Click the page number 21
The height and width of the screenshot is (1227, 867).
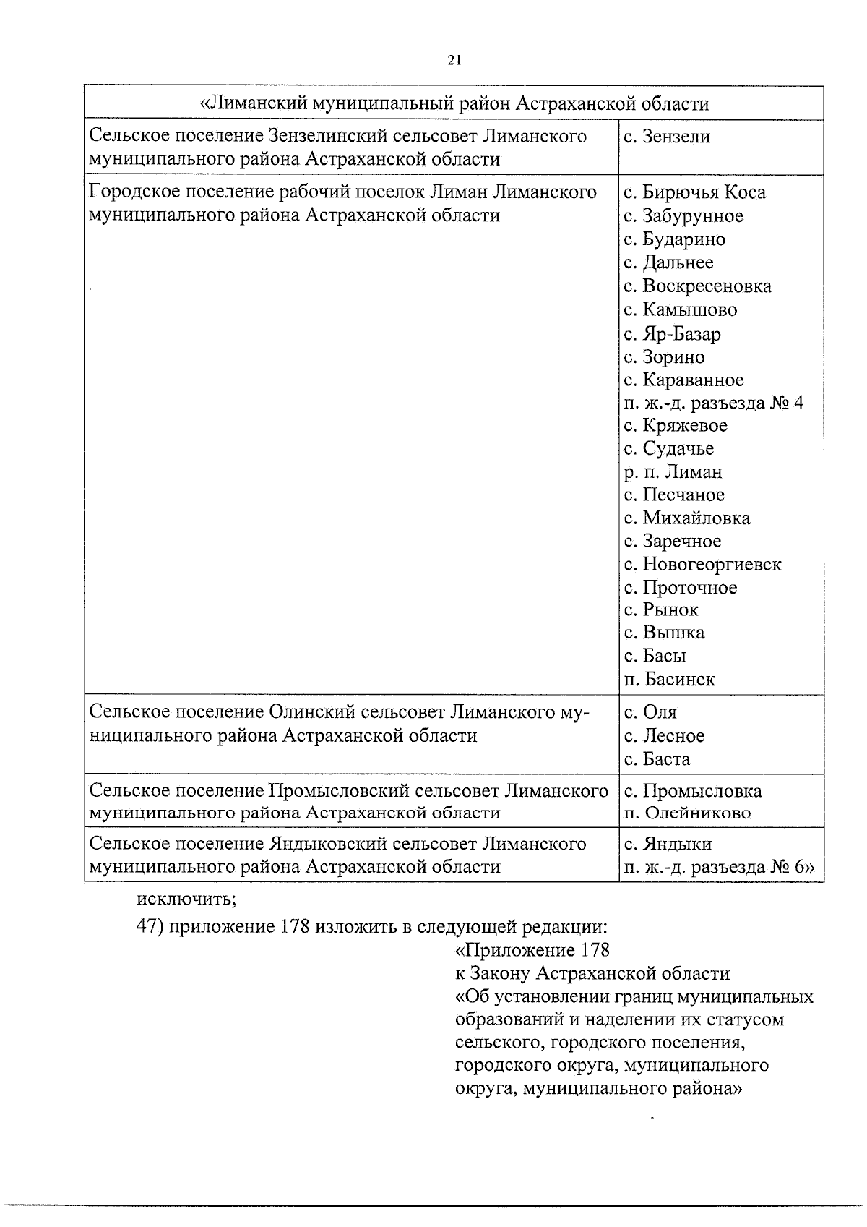(454, 61)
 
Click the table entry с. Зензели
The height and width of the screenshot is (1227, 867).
(667, 137)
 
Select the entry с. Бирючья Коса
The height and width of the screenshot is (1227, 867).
(694, 192)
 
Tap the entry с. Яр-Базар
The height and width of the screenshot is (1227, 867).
(672, 334)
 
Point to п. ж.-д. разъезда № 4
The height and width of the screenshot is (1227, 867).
(713, 403)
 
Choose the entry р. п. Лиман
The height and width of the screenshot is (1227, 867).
(673, 472)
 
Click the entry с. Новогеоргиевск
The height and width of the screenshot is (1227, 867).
(702, 564)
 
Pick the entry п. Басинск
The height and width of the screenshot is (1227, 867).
(670, 680)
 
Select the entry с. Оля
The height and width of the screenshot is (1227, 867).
(650, 713)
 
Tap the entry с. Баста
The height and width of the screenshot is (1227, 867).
(657, 759)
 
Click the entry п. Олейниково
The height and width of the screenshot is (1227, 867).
(687, 813)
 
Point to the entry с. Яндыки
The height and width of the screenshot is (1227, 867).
(668, 844)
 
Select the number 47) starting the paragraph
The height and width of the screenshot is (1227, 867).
(150, 926)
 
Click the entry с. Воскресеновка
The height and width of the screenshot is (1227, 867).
(697, 286)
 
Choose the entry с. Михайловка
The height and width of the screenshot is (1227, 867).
(686, 518)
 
